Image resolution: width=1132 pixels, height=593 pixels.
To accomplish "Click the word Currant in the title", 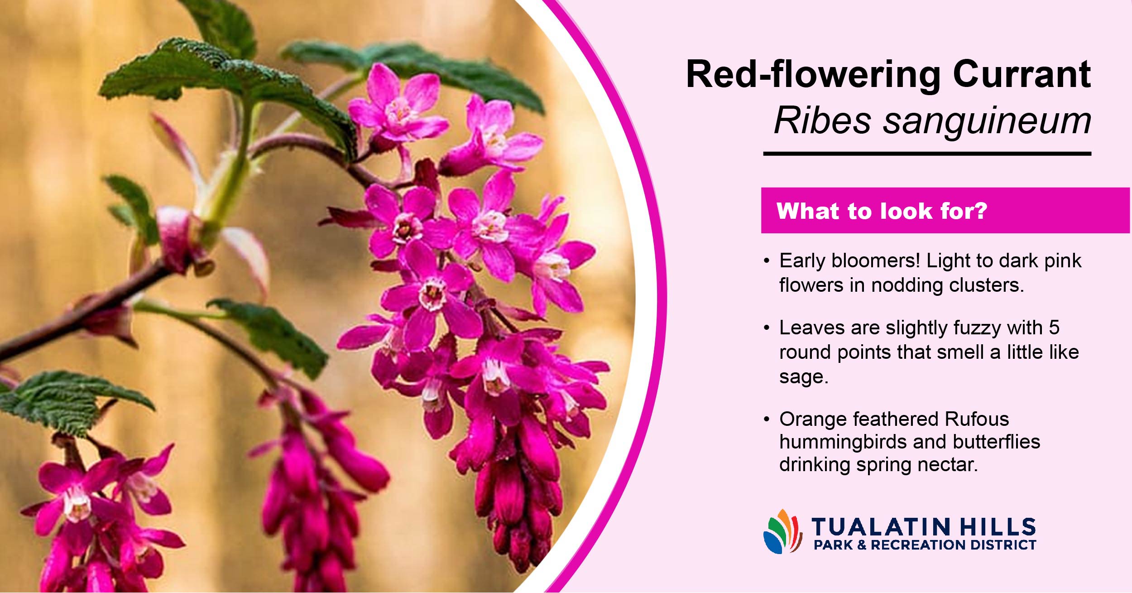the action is point(1022,74).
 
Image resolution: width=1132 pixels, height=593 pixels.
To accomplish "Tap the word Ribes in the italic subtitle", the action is point(822,121).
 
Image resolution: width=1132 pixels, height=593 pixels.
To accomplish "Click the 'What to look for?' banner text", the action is point(882,211).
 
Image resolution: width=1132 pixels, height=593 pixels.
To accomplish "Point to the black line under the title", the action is point(927,154).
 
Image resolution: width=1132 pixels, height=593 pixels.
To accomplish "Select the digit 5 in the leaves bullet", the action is point(1054,328).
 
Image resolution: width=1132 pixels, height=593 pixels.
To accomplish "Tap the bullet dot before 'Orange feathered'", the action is point(767,419).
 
